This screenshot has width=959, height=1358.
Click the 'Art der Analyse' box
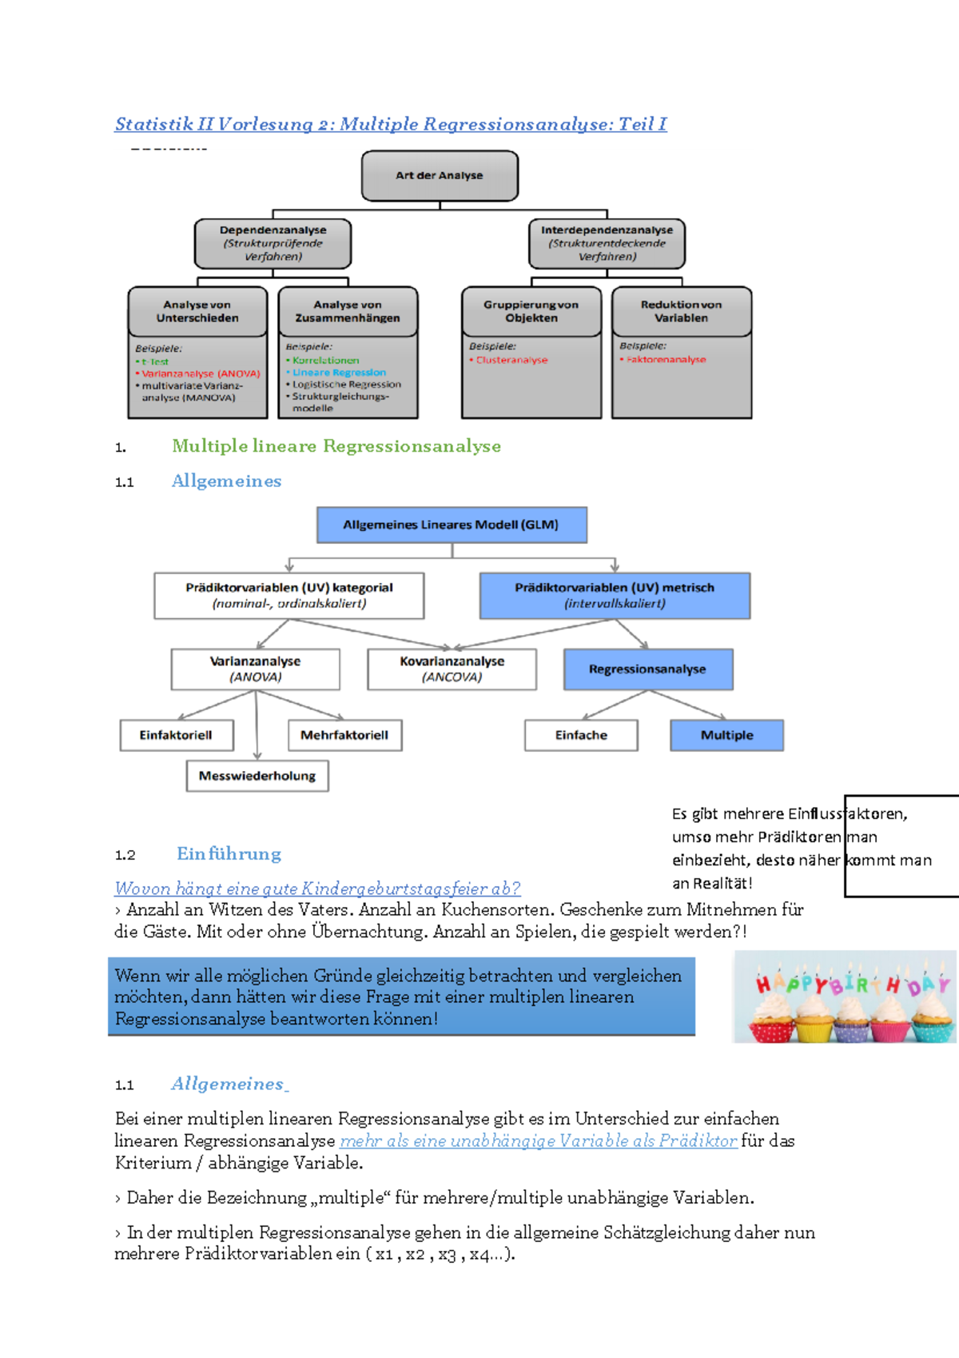pos(440,176)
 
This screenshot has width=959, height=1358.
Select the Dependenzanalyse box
pos(273,243)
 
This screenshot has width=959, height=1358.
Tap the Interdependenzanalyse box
pos(607,243)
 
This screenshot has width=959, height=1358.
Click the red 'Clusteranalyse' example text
pos(511,360)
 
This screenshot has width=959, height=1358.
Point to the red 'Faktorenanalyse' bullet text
pos(666,360)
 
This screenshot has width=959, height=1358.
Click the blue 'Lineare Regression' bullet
pos(339,373)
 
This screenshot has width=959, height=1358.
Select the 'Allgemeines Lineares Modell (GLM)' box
pos(452,525)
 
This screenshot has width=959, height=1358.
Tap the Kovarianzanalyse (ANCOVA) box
pos(452,669)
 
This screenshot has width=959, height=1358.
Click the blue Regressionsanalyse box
pos(648,669)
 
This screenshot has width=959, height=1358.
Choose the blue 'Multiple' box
pos(726,735)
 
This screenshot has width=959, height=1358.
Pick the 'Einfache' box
pos(581,735)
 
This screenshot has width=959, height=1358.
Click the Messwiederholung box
pos(257,776)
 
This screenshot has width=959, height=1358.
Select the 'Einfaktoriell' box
pos(176,735)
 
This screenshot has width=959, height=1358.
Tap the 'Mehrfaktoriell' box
pos(344,735)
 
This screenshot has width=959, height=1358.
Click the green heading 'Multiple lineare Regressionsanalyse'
pos(336,446)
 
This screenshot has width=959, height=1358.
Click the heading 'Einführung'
pos(229,854)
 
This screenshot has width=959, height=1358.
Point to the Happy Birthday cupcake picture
pos(845,997)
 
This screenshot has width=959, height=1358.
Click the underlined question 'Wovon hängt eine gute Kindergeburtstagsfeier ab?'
pos(317,889)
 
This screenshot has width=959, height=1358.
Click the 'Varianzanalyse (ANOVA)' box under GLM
pos(255,669)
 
